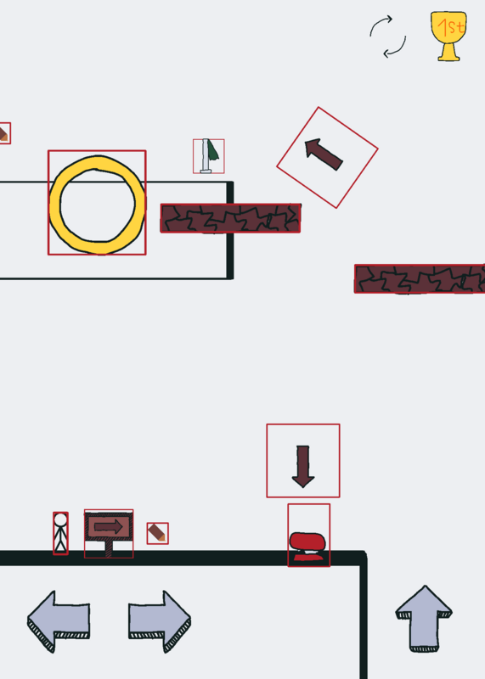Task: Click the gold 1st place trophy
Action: click(x=448, y=36)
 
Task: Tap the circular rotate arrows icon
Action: click(x=388, y=36)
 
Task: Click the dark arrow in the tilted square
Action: click(x=324, y=154)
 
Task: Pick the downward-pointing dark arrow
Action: click(x=303, y=466)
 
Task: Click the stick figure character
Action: click(x=60, y=533)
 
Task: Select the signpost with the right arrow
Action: click(x=109, y=534)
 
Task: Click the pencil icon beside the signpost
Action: click(x=157, y=533)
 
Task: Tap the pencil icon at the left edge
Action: click(x=3, y=133)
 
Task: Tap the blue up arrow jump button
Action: click(x=424, y=618)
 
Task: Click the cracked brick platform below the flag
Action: click(x=230, y=218)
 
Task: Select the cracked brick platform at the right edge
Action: click(x=420, y=279)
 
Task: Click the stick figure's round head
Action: click(x=60, y=519)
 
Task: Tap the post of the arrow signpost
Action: click(x=109, y=548)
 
